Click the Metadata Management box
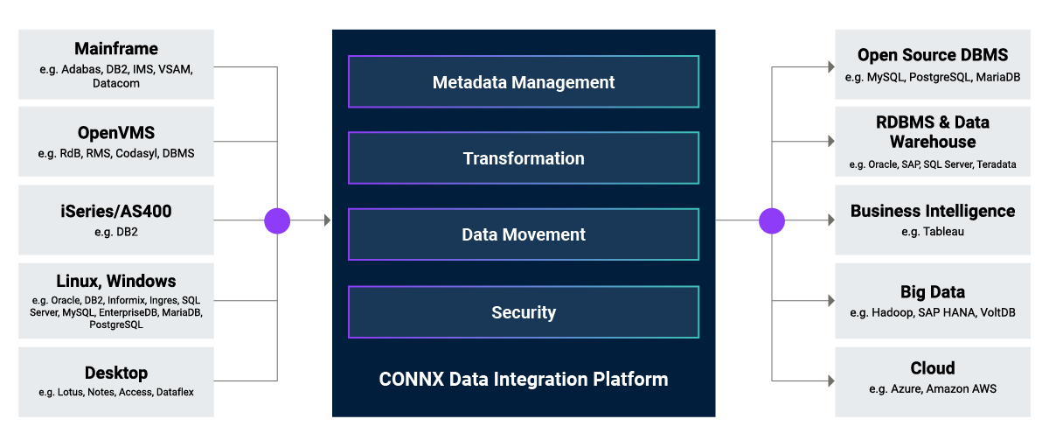coord(524,82)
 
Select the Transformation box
coord(524,158)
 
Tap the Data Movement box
coord(524,234)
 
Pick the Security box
coord(524,312)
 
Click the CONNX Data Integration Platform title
coord(524,380)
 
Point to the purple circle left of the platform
coord(277,220)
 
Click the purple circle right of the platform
coord(772,220)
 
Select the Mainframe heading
coord(116,49)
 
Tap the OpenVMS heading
coord(116,133)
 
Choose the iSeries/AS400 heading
coord(116,212)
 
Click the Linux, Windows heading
coord(116,281)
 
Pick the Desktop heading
coord(116,373)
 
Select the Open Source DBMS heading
coord(933,56)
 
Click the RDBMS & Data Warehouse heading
coord(933,132)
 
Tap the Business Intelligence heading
coord(933,211)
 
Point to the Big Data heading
coord(933,292)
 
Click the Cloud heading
coord(933,368)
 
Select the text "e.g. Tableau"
coord(933,232)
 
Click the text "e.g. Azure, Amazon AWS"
coord(933,388)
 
